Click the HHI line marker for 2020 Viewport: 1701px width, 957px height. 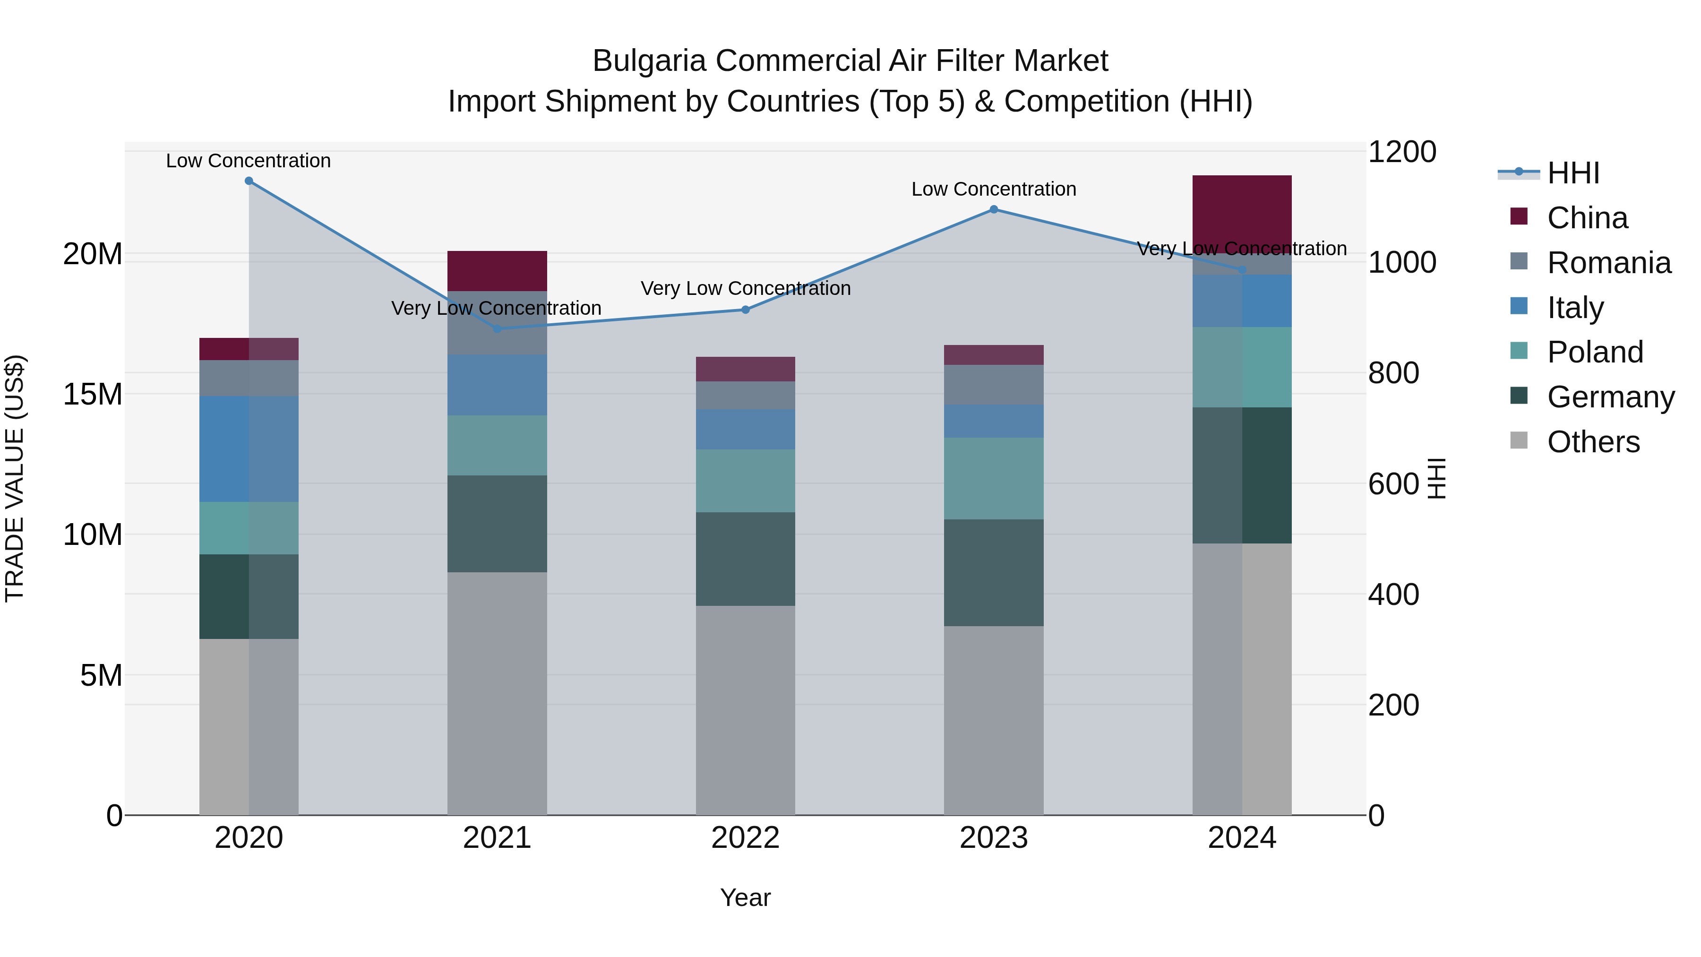[249, 181]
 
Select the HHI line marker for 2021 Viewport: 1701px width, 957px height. [497, 328]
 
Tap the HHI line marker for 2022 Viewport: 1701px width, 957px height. [746, 310]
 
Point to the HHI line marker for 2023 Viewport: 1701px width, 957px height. [994, 209]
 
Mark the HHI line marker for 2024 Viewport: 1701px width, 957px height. [1242, 270]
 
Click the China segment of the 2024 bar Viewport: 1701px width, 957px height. [1242, 211]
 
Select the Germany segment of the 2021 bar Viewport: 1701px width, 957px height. [497, 524]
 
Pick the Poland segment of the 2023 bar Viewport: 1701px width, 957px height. [994, 478]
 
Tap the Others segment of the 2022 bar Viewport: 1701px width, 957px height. [746, 710]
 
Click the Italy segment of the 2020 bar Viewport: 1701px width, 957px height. [249, 449]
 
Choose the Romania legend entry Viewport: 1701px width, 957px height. [1608, 263]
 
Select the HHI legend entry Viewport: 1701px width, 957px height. [1573, 173]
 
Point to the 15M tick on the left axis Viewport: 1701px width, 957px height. [93, 394]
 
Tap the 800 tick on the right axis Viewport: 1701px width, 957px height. [1393, 373]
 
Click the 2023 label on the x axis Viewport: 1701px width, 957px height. [994, 838]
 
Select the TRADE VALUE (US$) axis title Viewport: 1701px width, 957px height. [15, 478]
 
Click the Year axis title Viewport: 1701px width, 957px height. [746, 897]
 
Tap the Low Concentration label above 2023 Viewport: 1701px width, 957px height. [994, 190]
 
